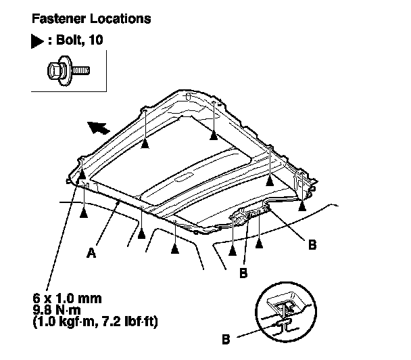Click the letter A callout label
(91, 254)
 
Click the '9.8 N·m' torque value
(54, 309)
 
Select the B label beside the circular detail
(228, 336)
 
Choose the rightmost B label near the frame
(312, 245)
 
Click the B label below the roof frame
(243, 274)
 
